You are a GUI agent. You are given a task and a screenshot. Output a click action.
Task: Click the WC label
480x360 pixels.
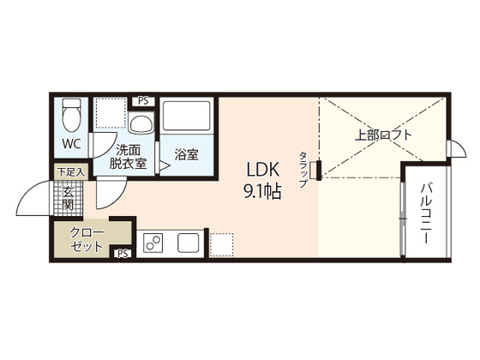point(70,144)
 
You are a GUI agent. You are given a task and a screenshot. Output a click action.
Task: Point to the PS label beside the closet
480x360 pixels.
point(122,252)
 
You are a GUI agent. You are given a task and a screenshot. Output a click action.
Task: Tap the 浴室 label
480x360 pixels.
point(186,155)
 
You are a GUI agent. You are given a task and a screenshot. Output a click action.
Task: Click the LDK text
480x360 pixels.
point(264,169)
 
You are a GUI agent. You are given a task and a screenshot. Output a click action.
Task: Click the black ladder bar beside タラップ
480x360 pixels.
point(318,170)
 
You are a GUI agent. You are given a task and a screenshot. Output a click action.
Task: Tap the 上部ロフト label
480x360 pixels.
point(383,135)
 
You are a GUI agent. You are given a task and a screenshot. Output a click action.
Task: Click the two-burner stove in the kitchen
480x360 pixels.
point(154,243)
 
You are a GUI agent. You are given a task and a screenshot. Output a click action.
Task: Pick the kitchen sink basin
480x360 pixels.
point(188,243)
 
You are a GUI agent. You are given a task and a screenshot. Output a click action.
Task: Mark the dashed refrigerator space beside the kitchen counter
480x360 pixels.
point(221,243)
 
